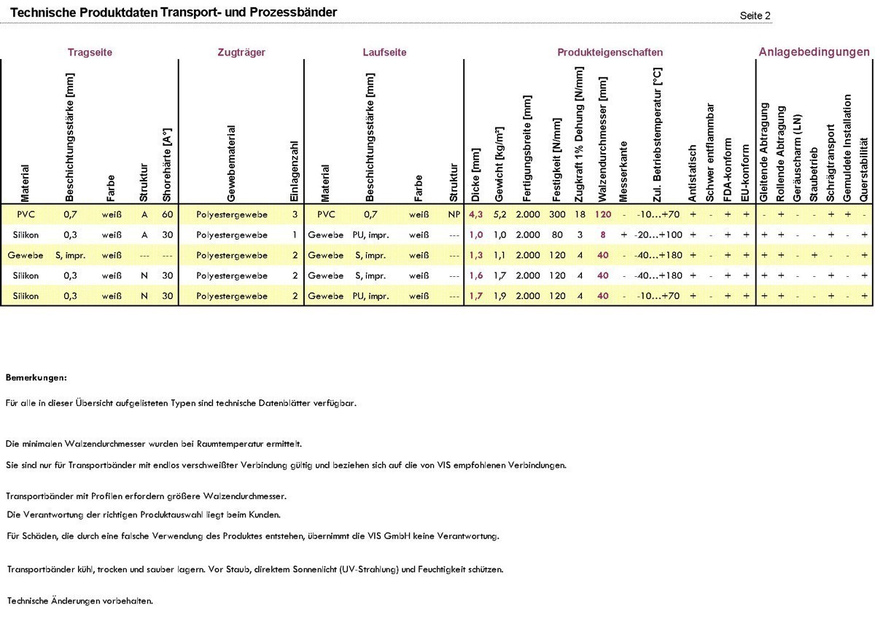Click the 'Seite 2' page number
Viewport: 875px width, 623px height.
(755, 15)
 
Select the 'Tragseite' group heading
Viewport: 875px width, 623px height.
(90, 52)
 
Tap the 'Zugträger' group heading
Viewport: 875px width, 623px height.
(241, 52)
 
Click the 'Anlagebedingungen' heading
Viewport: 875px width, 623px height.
(814, 52)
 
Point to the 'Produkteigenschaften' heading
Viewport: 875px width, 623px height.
(610, 52)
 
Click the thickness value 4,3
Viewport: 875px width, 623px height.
(476, 215)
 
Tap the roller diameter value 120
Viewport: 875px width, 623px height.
(602, 215)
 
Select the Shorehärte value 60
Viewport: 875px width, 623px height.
(167, 215)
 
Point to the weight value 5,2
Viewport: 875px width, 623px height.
(499, 215)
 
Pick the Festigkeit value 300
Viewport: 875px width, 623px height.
(557, 215)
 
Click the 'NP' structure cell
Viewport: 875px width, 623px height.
(454, 215)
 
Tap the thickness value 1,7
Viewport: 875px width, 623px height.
(476, 296)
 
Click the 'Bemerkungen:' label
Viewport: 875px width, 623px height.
(36, 377)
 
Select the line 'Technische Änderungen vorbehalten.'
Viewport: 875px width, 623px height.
(79, 600)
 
